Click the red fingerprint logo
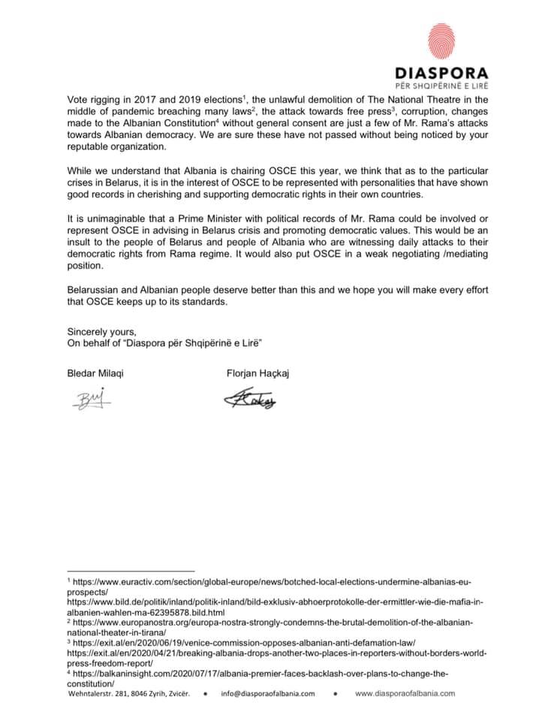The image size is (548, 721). coord(441,44)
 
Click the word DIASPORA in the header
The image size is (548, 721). coord(441,74)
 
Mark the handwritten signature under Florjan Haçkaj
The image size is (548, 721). coord(250,399)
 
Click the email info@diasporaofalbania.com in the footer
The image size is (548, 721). coord(269,693)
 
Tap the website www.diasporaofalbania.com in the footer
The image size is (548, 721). coord(405,693)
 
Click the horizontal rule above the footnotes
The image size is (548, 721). coord(131,572)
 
